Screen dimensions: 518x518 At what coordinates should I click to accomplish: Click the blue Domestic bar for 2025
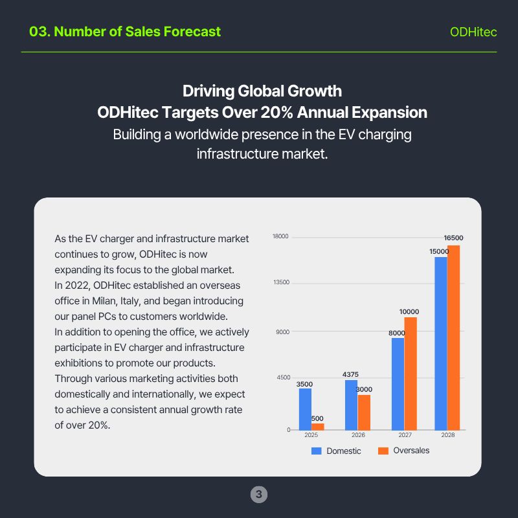[x=305, y=409]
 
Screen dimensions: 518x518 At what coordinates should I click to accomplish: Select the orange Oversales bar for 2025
[x=317, y=427]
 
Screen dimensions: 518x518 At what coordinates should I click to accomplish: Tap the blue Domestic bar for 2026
[x=351, y=405]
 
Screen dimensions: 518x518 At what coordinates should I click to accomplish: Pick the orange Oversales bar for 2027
[x=410, y=373]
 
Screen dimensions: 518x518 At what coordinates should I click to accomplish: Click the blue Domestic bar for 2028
[x=440, y=343]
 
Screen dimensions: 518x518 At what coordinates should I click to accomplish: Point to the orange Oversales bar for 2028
[x=453, y=337]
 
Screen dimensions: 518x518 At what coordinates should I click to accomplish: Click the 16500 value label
[x=453, y=238]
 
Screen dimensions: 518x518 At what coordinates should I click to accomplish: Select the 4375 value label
[x=350, y=374]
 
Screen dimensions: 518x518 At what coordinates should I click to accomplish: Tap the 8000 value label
[x=396, y=333]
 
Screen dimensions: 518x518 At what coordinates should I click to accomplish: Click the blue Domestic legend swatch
[x=317, y=451]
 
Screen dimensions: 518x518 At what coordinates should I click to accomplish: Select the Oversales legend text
[x=411, y=451]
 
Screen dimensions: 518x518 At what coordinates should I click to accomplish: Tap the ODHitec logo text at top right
[x=473, y=32]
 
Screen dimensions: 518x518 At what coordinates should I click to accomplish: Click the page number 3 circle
[x=259, y=495]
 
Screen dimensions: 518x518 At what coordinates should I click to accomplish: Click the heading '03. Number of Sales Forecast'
[x=125, y=32]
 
